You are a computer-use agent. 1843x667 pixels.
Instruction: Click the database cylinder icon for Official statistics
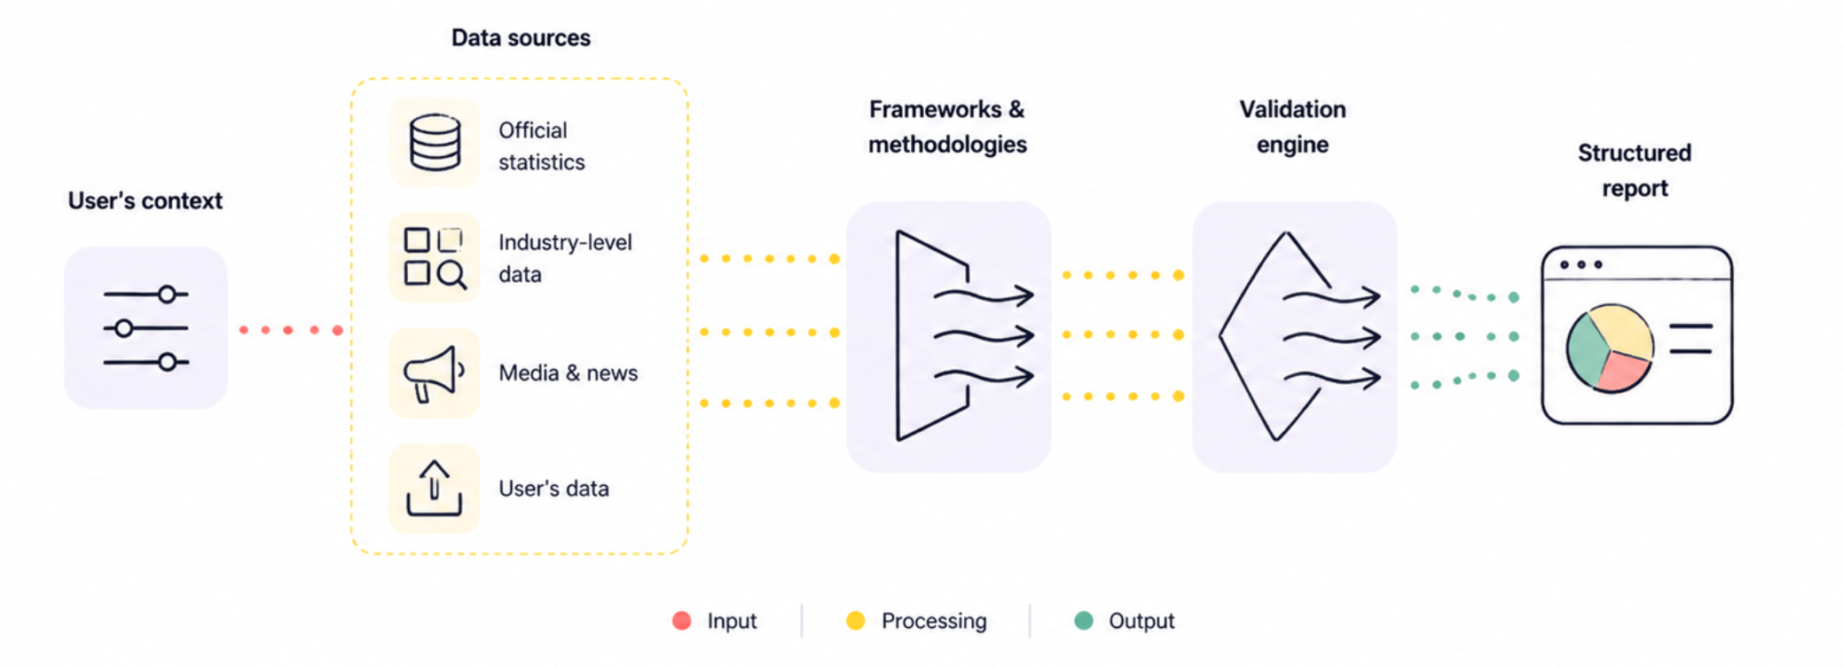435,142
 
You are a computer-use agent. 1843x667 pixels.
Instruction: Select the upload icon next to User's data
434,488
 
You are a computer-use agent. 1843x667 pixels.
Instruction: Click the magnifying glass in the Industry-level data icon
451,275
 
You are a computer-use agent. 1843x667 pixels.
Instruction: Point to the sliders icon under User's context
145,328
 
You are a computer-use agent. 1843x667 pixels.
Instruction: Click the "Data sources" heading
521,37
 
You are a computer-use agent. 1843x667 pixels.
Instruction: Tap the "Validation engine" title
1292,127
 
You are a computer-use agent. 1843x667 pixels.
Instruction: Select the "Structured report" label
1635,170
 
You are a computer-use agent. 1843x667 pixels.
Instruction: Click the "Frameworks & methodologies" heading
947,127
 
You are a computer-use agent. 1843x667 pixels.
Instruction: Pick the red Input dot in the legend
681,621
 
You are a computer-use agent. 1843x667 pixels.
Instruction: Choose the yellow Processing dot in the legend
855,621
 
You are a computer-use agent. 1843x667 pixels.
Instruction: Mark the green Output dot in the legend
1083,621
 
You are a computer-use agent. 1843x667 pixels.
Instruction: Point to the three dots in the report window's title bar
1580,264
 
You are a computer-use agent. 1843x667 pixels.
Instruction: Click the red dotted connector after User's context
290,330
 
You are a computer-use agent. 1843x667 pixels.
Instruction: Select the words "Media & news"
568,373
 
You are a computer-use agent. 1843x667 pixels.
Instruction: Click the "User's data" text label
553,489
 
